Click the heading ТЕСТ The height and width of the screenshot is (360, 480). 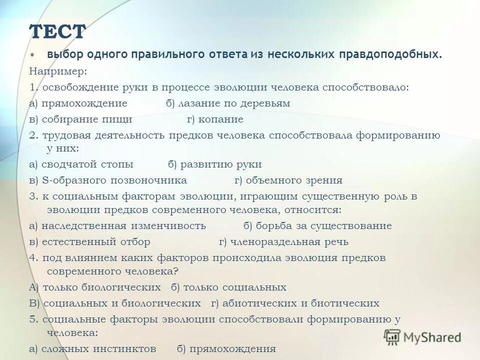57,32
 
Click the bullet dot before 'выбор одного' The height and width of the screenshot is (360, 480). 33,53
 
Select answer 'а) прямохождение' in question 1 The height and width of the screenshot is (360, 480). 78,103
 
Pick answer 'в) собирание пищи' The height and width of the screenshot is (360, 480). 80,119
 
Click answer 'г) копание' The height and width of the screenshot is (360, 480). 215,119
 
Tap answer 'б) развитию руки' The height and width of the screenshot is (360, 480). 214,164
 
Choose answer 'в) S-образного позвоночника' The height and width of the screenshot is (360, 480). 108,180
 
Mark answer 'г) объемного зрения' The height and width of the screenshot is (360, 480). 288,180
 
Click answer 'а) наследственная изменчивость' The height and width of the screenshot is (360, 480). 117,225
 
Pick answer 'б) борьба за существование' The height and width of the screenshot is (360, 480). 317,225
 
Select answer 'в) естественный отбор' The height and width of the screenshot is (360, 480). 89,241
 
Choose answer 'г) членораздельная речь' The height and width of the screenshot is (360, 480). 283,241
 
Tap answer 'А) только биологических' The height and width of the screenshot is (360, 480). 95,287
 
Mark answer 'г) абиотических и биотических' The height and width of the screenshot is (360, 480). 295,303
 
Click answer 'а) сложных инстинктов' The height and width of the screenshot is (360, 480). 92,348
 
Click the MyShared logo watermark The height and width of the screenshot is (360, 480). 422,337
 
